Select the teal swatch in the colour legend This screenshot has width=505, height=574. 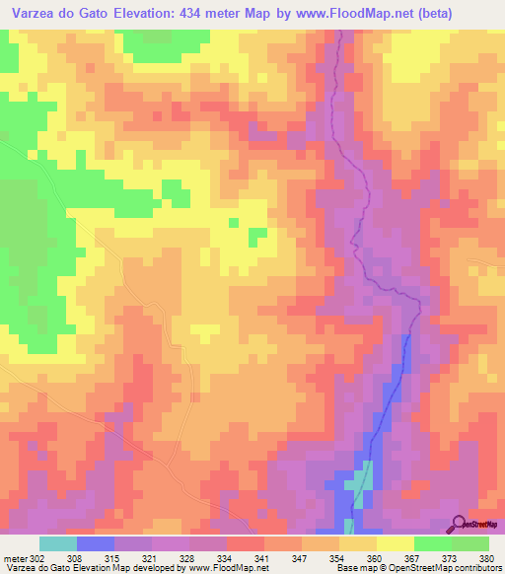click(58, 543)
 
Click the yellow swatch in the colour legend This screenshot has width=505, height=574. click(395, 543)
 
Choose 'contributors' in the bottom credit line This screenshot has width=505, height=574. click(475, 568)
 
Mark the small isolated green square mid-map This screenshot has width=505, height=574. click(257, 235)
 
